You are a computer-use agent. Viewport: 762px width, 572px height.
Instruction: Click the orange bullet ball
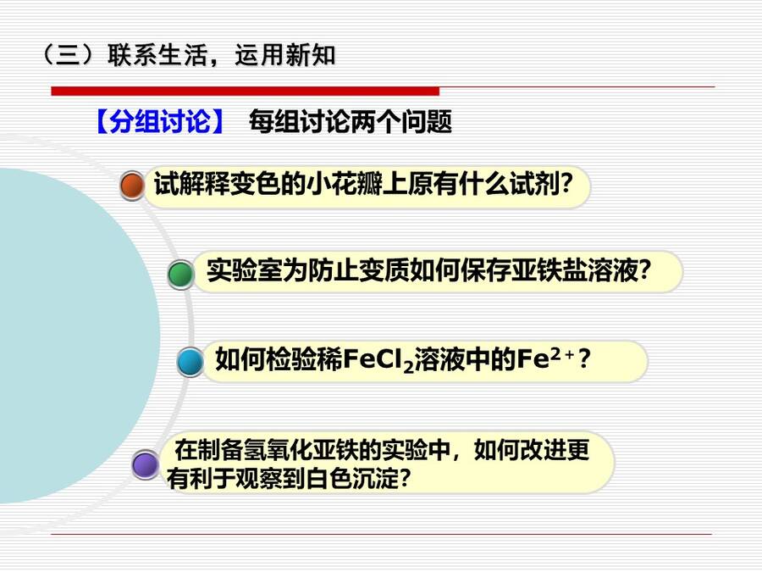(x=132, y=186)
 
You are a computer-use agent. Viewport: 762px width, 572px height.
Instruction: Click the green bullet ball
(x=181, y=274)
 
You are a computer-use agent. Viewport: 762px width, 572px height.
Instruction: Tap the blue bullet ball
(x=190, y=362)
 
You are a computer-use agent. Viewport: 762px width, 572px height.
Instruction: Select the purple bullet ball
(x=146, y=464)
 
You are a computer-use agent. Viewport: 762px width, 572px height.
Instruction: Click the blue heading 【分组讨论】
(x=159, y=121)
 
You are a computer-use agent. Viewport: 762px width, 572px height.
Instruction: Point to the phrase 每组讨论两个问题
(x=351, y=121)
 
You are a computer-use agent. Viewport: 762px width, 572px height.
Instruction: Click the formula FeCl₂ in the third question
(x=378, y=360)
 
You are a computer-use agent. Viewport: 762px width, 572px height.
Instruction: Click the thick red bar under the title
(x=246, y=91)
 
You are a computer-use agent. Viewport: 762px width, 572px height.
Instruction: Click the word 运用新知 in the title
(x=285, y=54)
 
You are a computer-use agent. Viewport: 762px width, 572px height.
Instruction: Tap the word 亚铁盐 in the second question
(x=549, y=270)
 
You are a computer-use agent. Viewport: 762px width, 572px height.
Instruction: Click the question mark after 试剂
(x=566, y=184)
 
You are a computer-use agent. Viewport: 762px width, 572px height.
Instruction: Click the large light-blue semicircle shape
(x=73, y=336)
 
